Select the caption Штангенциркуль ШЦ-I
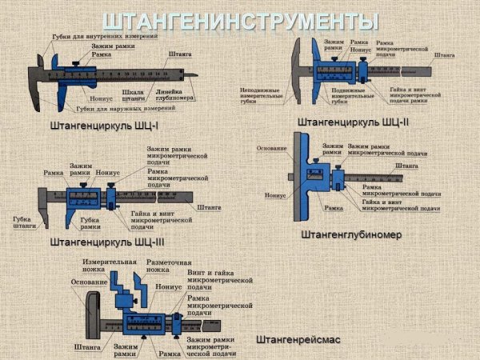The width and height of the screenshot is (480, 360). [102, 126]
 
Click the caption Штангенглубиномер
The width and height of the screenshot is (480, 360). [350, 235]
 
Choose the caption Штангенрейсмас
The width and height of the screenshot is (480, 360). [298, 340]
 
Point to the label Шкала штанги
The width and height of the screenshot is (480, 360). [134, 97]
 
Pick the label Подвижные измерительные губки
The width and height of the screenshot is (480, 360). [330, 97]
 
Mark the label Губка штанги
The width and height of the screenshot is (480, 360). [25, 222]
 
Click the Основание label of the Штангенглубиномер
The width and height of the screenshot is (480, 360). [273, 149]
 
